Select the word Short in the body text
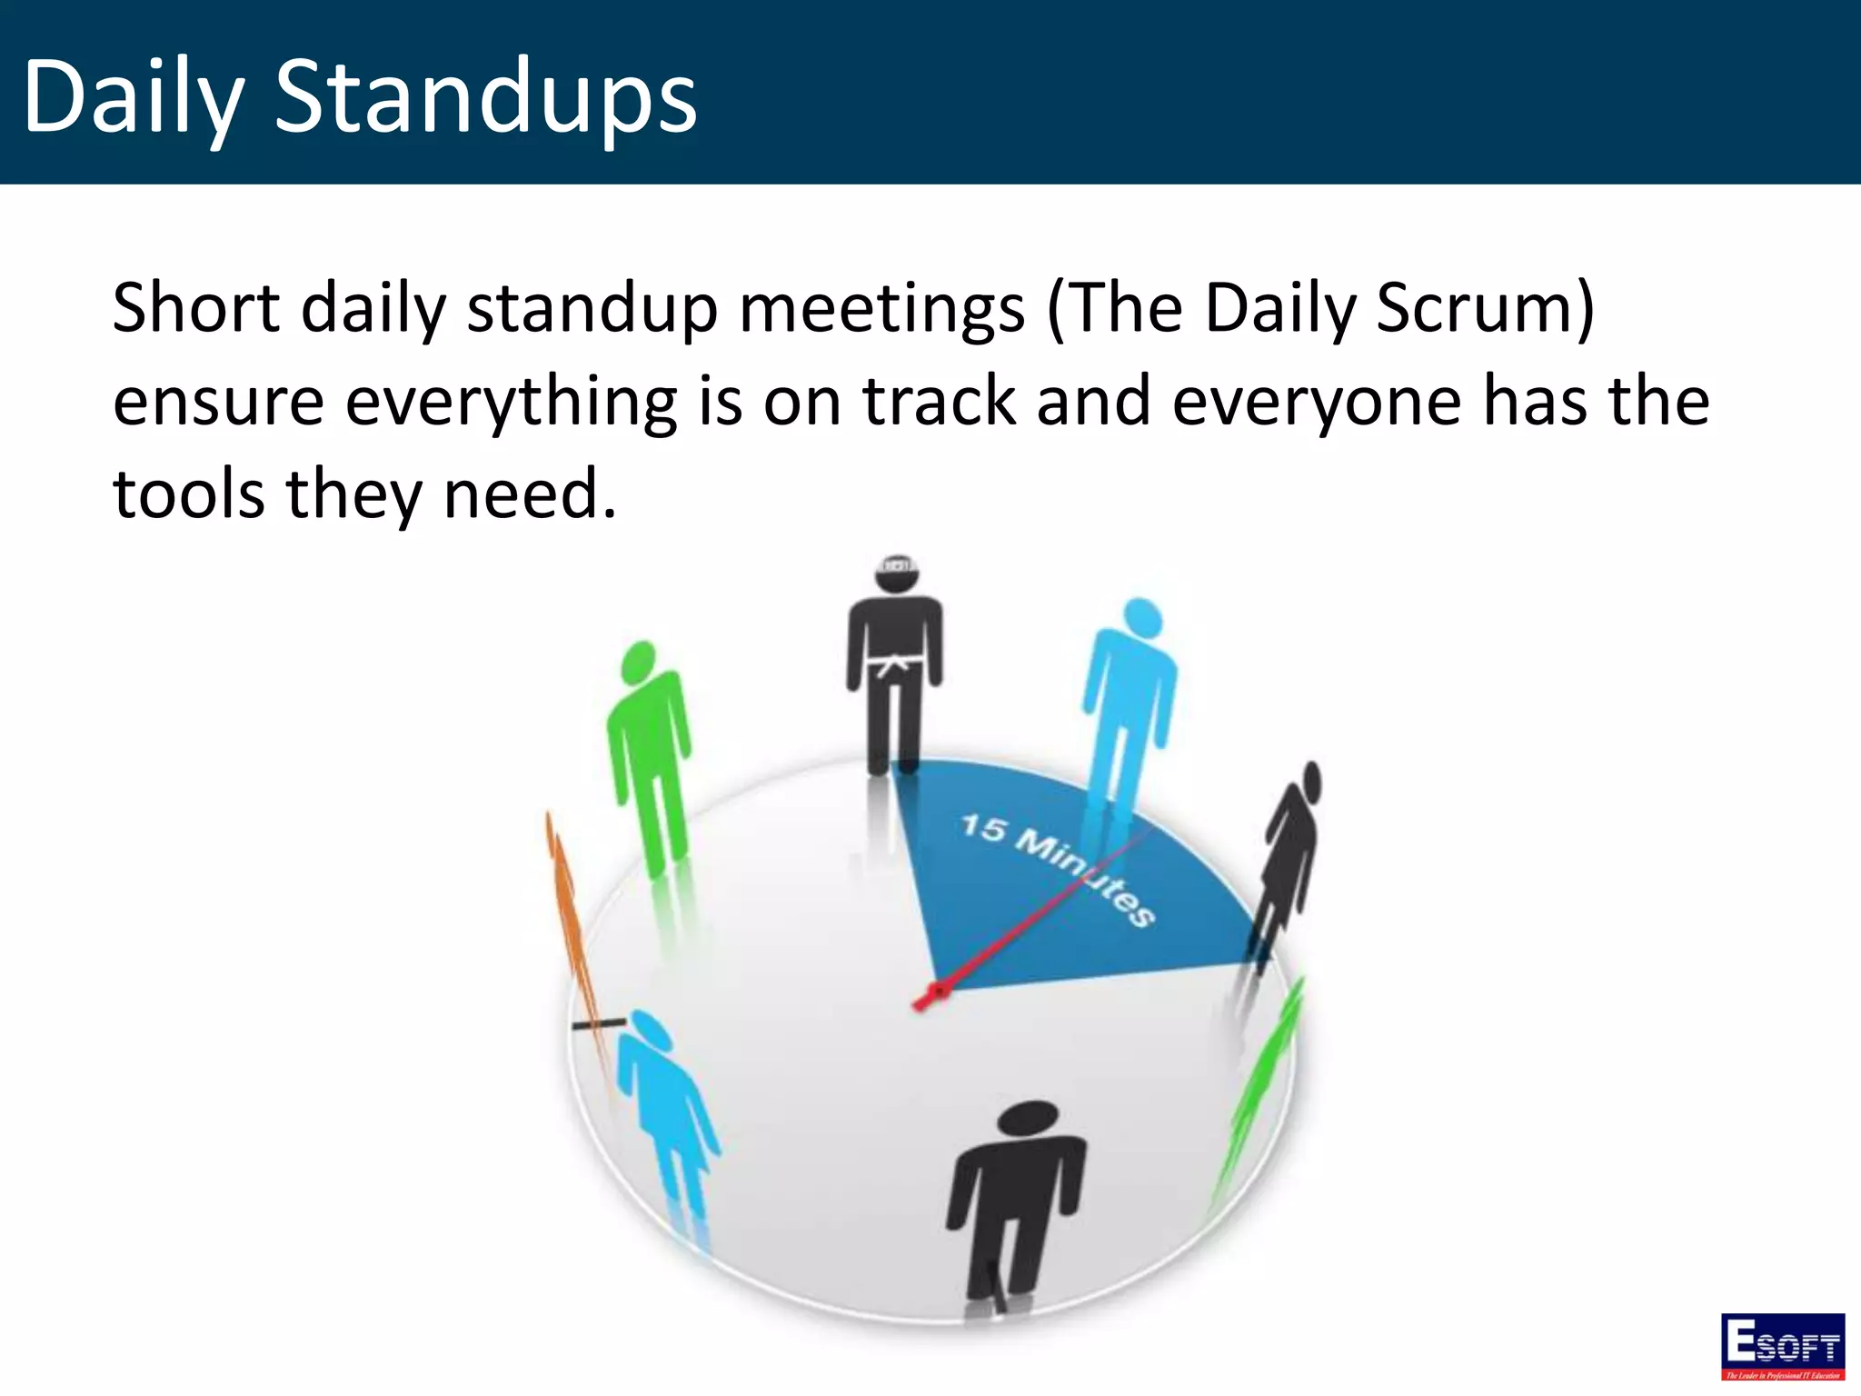(195, 309)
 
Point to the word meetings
(881, 309)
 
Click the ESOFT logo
(1782, 1345)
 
